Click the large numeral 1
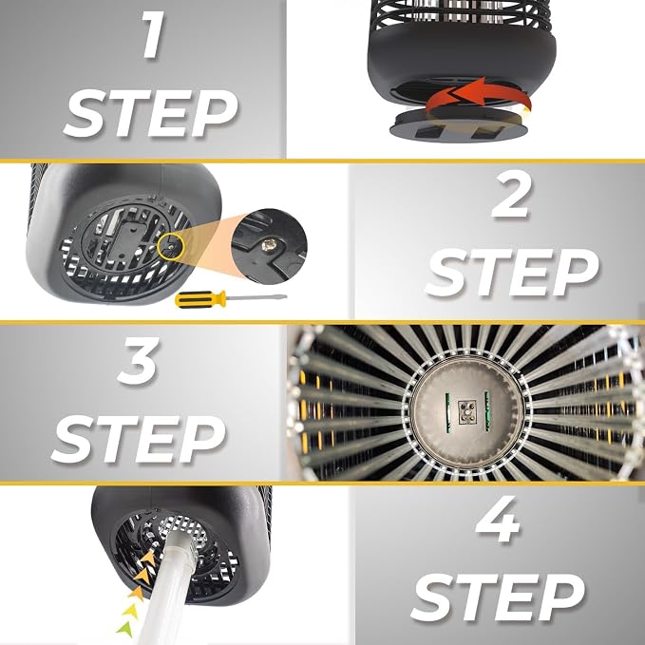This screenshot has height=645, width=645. tap(153, 35)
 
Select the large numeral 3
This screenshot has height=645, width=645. tap(138, 361)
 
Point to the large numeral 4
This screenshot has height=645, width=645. tap(498, 519)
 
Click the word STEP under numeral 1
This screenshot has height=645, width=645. tap(151, 114)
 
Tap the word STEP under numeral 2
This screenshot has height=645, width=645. tap(512, 273)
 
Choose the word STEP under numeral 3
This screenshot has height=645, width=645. tap(139, 439)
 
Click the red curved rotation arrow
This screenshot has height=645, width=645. tap(477, 98)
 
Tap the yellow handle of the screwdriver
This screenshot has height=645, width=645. tap(200, 299)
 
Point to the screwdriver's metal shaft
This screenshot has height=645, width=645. tap(256, 297)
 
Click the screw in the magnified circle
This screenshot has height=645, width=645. tap(270, 246)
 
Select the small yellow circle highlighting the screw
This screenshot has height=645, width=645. tap(171, 246)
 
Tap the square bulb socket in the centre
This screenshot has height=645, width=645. tap(466, 412)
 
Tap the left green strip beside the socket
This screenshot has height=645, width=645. tap(447, 412)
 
